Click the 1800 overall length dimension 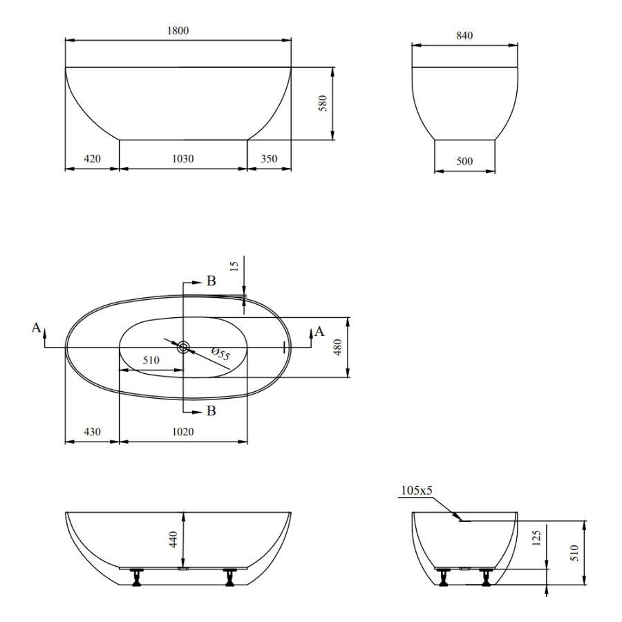point(178,30)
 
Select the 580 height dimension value point(323,104)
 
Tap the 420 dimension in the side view point(92,159)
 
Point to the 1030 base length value point(183,159)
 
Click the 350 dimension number point(269,159)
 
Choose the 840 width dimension point(464,36)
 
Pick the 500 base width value point(464,161)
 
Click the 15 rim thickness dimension point(234,265)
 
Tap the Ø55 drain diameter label point(220,353)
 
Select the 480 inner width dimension point(338,347)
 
